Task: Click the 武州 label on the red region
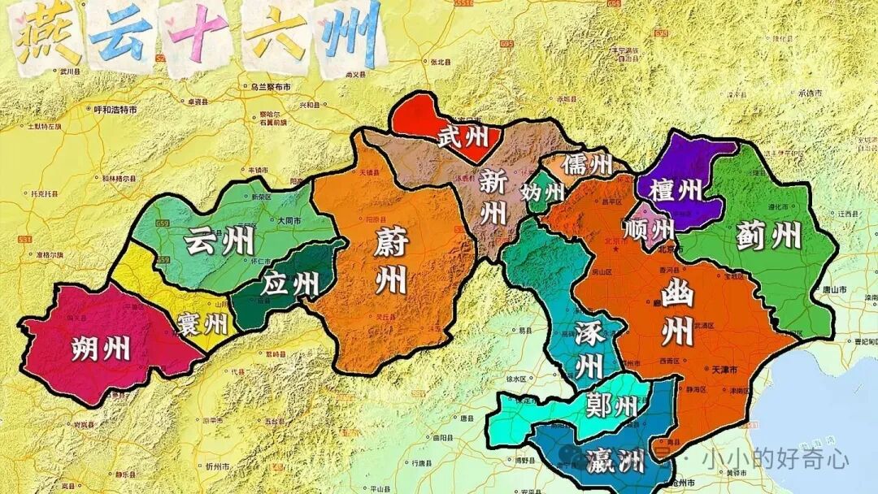coord(464,136)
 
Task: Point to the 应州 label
coord(290,284)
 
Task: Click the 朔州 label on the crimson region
coord(101,349)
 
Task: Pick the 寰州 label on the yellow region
coord(201,325)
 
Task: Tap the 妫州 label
coord(543,193)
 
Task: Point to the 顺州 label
coord(650,226)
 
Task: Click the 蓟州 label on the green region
coord(768,236)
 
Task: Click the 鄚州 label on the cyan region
coord(611,405)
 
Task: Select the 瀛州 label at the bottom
coord(614,461)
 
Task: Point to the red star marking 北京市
coord(616,248)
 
